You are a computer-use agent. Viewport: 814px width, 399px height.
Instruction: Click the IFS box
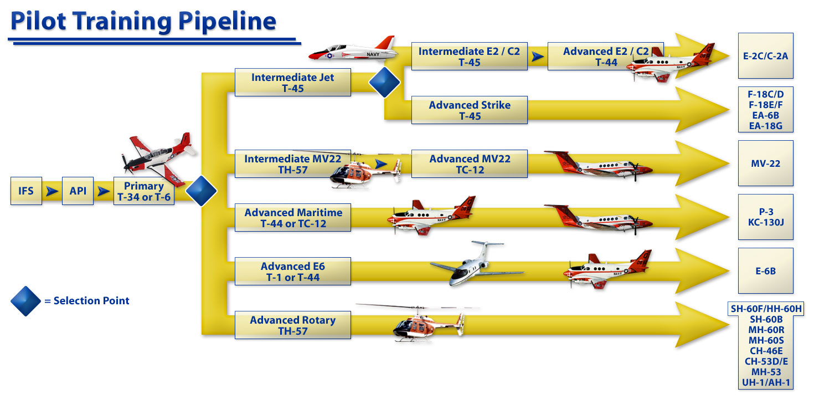click(26, 191)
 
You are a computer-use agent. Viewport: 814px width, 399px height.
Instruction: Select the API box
click(78, 191)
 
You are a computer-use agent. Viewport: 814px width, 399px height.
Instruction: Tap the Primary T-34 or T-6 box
click(144, 192)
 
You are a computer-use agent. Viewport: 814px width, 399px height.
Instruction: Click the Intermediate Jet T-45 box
click(292, 83)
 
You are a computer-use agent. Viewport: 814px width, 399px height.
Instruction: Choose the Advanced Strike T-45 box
click(470, 110)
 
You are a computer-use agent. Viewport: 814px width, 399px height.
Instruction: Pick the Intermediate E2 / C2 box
click(470, 57)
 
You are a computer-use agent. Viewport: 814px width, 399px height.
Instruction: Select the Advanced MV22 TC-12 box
click(470, 164)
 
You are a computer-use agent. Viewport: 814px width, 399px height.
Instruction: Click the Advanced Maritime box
click(292, 218)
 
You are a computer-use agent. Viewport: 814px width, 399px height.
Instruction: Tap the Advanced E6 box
click(292, 272)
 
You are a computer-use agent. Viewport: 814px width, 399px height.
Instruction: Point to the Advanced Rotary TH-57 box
click(292, 325)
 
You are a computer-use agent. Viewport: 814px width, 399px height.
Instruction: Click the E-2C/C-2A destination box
click(766, 55)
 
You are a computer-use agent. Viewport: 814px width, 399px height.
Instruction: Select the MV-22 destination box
click(766, 163)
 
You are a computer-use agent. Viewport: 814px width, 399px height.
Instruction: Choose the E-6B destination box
click(766, 271)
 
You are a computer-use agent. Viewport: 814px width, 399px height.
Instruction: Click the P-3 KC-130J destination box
click(766, 217)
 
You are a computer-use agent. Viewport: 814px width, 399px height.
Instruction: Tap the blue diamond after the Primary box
click(201, 192)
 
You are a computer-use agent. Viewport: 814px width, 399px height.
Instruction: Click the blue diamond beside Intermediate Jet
click(384, 83)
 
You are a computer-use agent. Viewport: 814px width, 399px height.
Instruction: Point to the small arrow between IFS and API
click(52, 192)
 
